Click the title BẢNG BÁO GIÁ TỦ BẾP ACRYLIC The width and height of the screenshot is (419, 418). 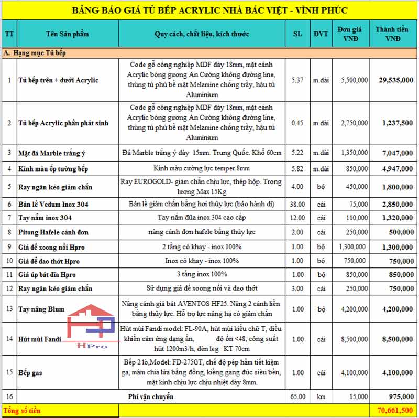(210, 10)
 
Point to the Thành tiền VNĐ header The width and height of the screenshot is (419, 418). (393, 34)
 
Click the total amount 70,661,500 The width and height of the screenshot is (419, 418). (394, 411)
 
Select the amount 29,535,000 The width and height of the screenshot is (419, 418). (395, 80)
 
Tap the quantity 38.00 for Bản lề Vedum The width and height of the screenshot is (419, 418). (297, 203)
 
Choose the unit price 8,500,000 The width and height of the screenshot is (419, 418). (352, 339)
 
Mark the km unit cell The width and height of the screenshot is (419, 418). (321, 397)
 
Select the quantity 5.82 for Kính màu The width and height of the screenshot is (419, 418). (297, 168)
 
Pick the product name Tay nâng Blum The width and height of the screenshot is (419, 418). (41, 309)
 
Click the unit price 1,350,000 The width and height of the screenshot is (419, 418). (352, 153)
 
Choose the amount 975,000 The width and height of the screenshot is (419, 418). (401, 397)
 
